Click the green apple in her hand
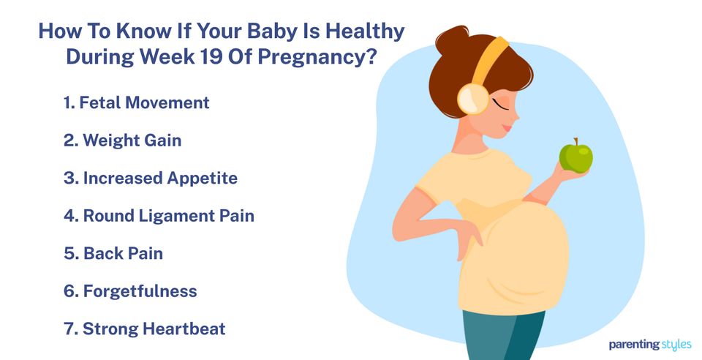point(575,157)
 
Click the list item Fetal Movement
point(136,102)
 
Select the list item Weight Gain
point(122,140)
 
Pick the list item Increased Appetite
point(150,178)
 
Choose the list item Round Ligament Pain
point(159,216)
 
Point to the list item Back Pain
point(113,254)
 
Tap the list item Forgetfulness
point(130,291)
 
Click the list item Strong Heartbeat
point(144,329)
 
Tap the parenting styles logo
point(649,344)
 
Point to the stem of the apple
point(575,141)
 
